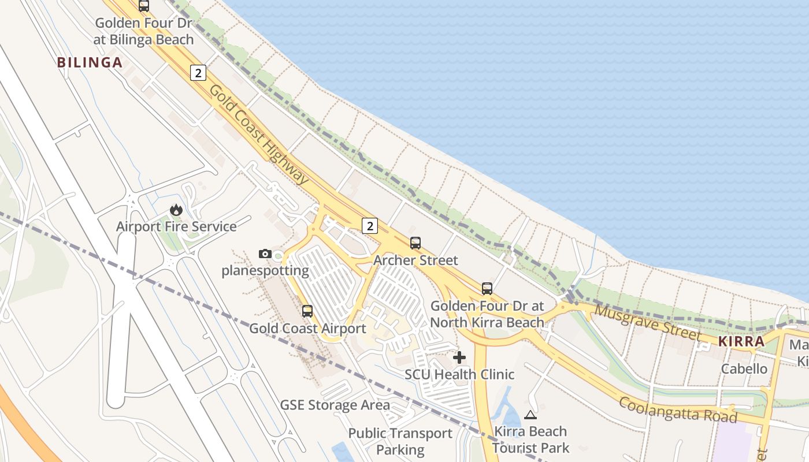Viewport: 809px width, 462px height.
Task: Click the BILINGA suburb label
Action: tap(90, 62)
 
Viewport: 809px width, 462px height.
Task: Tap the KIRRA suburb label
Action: tap(741, 341)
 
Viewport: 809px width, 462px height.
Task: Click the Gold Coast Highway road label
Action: tap(259, 135)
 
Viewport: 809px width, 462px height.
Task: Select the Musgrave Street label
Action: tap(648, 322)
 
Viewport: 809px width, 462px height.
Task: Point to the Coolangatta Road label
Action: tap(678, 409)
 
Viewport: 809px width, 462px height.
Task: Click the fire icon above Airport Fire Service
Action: tap(176, 210)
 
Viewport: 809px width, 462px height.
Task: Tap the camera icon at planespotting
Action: tap(265, 254)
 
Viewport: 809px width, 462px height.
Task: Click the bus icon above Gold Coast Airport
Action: tap(307, 311)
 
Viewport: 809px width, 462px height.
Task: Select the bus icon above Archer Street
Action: tap(415, 243)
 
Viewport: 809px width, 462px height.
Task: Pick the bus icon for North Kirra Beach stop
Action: tap(487, 289)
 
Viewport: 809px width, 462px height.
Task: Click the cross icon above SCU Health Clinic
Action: tap(459, 357)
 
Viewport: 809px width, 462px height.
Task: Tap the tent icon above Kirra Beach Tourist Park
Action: tap(530, 414)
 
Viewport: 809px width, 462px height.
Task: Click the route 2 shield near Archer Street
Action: tap(370, 225)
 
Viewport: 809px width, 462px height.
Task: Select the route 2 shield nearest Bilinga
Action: tap(198, 72)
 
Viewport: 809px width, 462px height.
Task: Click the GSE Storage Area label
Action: tap(335, 405)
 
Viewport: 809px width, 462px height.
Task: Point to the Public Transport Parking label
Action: tap(400, 441)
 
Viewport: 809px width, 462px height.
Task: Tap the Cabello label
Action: tap(744, 368)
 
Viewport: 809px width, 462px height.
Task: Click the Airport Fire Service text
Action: tap(176, 226)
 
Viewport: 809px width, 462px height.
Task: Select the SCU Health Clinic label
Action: tap(459, 374)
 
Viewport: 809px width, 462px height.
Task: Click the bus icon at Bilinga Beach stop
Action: tap(144, 6)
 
